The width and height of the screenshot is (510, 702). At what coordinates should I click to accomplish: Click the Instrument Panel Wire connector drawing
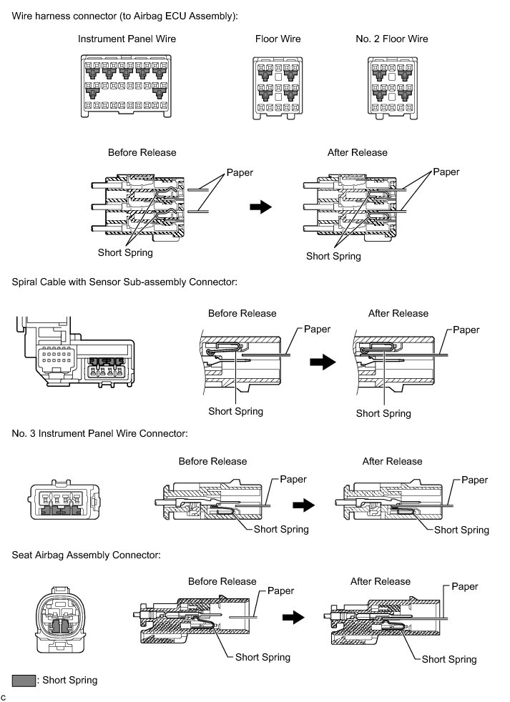(x=127, y=86)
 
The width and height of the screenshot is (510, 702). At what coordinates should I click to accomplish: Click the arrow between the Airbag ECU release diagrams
(x=260, y=207)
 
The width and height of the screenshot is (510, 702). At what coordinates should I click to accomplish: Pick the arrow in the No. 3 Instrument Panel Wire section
(x=304, y=505)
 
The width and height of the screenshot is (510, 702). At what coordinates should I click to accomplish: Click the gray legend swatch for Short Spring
(x=24, y=681)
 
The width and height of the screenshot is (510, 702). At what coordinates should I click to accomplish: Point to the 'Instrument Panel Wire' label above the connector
(x=127, y=39)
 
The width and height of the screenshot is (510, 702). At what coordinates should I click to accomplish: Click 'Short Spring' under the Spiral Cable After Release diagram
(x=383, y=413)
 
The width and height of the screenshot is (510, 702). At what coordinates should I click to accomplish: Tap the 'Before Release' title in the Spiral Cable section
(x=242, y=313)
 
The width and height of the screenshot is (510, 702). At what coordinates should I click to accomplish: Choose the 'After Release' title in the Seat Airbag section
(x=381, y=581)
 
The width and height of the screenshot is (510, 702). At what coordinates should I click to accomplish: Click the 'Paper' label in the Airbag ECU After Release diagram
(x=446, y=172)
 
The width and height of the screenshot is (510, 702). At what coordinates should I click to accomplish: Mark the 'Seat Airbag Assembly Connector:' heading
(x=87, y=554)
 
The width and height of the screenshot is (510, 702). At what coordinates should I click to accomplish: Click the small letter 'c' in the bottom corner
(x=4, y=696)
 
